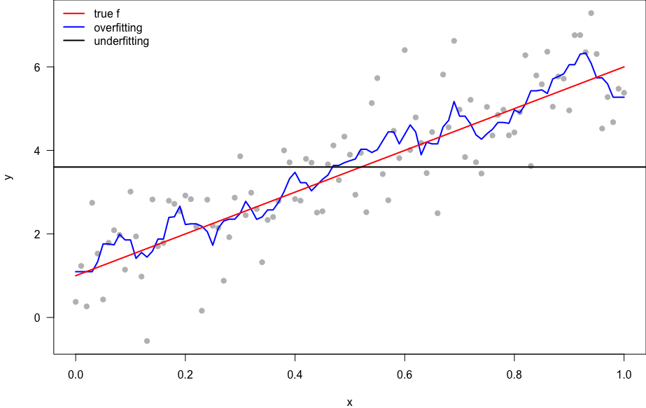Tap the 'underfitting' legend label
tap(121, 41)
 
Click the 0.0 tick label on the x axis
tap(76, 375)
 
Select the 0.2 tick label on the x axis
tap(185, 375)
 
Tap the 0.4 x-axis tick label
tap(295, 375)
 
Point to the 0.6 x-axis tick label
tap(405, 375)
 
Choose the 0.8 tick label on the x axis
tap(514, 375)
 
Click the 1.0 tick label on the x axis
tap(624, 375)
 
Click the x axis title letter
tap(349, 402)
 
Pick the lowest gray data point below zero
tap(147, 341)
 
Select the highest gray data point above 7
tap(591, 13)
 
